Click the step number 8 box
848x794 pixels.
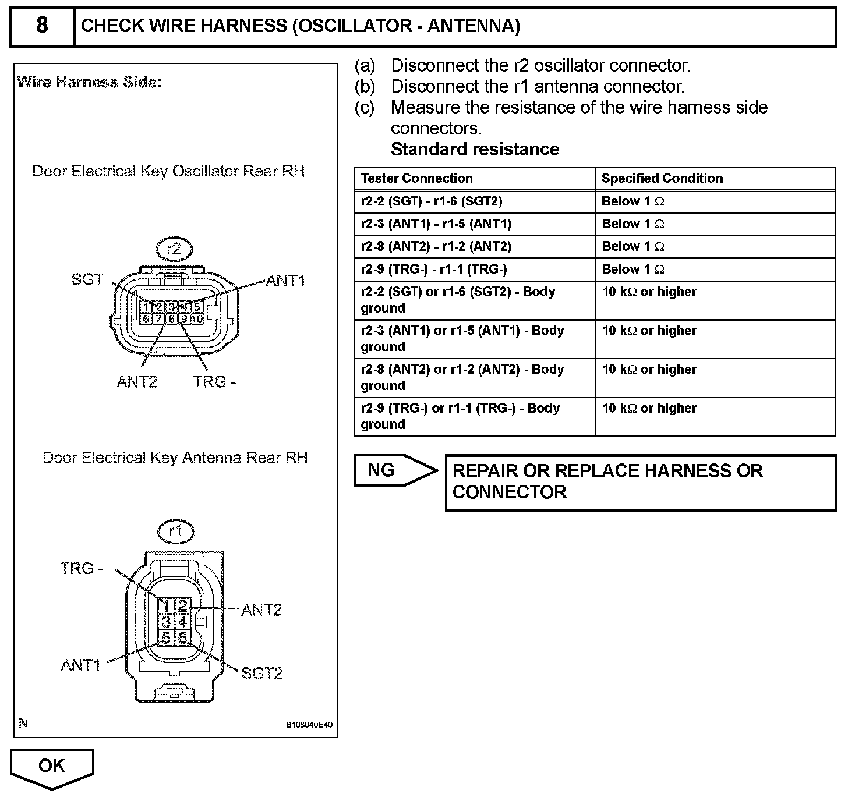pyautogui.click(x=43, y=26)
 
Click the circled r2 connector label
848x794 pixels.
pyautogui.click(x=174, y=250)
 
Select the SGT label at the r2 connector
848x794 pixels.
pyautogui.click(x=87, y=280)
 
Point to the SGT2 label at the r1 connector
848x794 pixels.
pyautogui.click(x=262, y=674)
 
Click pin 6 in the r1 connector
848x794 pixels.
pyautogui.click(x=182, y=638)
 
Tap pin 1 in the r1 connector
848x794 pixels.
pyautogui.click(x=166, y=605)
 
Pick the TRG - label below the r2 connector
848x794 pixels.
pyautogui.click(x=214, y=382)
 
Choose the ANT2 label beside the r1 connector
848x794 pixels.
pyautogui.click(x=262, y=610)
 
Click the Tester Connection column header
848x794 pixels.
pyautogui.click(x=416, y=179)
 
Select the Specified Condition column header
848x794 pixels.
pyautogui.click(x=662, y=179)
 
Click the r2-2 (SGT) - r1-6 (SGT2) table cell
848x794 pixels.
pyautogui.click(x=431, y=201)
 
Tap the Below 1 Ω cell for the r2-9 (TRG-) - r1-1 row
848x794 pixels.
pyautogui.click(x=633, y=270)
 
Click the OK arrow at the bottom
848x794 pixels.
pyautogui.click(x=52, y=767)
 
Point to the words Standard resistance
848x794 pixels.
pyautogui.click(x=475, y=150)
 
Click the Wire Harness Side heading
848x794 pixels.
pyautogui.click(x=89, y=82)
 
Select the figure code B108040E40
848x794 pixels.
pyautogui.click(x=309, y=725)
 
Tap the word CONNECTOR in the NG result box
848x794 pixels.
pyautogui.click(x=509, y=492)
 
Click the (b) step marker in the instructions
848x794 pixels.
pyautogui.click(x=365, y=87)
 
